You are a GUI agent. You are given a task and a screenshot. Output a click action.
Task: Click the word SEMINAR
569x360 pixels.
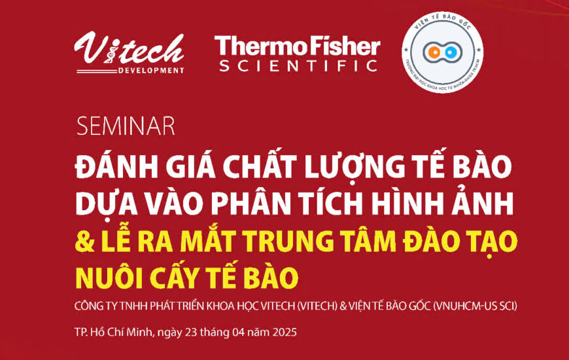tap(126, 125)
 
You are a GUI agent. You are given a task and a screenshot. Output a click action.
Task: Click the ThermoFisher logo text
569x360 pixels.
tap(298, 46)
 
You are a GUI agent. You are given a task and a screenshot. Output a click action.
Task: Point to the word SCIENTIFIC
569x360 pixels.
tap(298, 65)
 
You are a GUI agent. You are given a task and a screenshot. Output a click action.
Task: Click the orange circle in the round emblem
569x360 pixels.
tap(434, 53)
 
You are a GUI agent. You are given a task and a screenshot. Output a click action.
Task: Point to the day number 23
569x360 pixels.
tap(195, 332)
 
